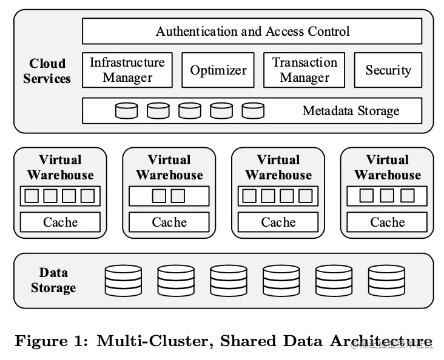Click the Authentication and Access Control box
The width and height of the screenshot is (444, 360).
[x=252, y=31]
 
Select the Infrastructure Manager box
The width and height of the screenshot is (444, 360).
[x=127, y=70]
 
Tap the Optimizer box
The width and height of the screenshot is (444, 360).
[x=218, y=70]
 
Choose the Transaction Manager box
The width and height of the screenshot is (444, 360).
[x=304, y=70]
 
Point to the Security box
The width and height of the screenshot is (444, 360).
[x=388, y=70]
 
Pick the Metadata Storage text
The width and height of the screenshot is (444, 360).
[x=351, y=111]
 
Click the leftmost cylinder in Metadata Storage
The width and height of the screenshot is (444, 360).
[x=126, y=111]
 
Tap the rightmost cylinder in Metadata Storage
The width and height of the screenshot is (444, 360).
[x=253, y=111]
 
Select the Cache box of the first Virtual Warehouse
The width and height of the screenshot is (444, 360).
[x=60, y=222]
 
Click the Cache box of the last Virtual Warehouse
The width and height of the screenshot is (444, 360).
[x=388, y=222]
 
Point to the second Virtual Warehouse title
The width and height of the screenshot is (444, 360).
[x=169, y=167]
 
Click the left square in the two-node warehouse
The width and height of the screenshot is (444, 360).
[x=159, y=196]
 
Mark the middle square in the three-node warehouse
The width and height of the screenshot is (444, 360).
[x=387, y=196]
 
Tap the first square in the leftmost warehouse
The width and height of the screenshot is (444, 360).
[x=31, y=196]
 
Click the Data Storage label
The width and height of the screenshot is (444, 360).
[x=53, y=280]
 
